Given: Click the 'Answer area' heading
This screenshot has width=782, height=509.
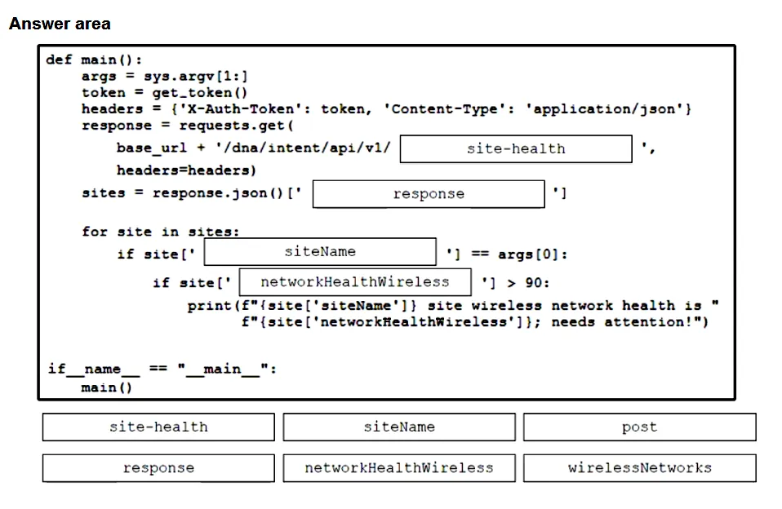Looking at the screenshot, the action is [x=60, y=24].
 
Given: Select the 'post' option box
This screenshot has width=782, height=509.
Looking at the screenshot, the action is [x=639, y=427].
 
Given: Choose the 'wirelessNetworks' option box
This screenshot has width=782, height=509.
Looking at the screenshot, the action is [x=639, y=468].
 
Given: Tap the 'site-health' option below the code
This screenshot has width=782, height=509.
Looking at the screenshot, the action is [x=158, y=427].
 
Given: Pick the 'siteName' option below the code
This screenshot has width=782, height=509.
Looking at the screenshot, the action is [x=399, y=427].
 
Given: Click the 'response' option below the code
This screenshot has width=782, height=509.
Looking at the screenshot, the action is [x=158, y=468].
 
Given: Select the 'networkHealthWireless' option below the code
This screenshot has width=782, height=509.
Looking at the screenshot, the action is [x=399, y=468].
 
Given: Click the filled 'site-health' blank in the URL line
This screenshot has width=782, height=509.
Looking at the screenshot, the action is [x=516, y=148].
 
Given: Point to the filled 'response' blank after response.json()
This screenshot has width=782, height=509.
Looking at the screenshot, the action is [x=429, y=194].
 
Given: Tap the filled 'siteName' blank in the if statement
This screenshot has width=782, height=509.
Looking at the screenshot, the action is [x=320, y=252].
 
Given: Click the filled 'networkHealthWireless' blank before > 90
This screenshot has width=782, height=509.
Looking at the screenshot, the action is [x=355, y=282].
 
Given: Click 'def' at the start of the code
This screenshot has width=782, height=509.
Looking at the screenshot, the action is [x=59, y=60].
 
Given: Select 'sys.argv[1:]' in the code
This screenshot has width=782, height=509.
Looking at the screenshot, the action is [x=196, y=77].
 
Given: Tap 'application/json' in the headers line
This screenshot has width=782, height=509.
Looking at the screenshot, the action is [x=604, y=109].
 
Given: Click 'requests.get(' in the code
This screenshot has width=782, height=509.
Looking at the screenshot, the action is [x=236, y=126].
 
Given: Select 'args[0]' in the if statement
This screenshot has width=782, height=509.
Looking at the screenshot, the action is [x=527, y=254].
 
